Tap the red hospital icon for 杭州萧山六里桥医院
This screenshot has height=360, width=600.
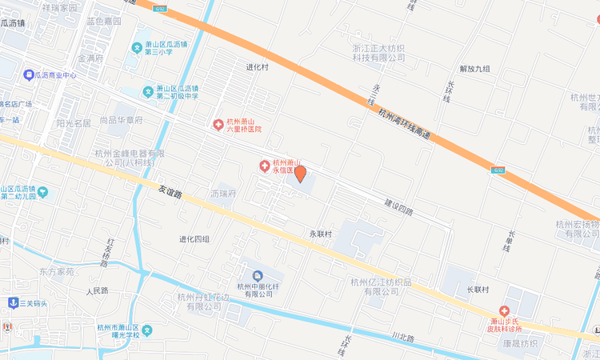tap(218, 124)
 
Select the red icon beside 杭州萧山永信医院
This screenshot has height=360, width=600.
tap(264, 166)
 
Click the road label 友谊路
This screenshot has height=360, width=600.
tap(170, 193)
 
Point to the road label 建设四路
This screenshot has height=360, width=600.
tap(398, 206)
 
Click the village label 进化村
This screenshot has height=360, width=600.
tap(258, 67)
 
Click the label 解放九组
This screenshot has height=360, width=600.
tap(474, 69)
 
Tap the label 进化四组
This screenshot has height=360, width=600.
tap(194, 239)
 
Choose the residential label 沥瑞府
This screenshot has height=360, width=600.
tap(223, 194)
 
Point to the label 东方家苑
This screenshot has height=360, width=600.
tap(57, 272)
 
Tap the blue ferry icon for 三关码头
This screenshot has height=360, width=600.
tap(13, 302)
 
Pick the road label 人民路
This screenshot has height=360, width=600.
tap(97, 291)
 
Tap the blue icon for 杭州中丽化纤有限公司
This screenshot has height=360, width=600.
tap(257, 275)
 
